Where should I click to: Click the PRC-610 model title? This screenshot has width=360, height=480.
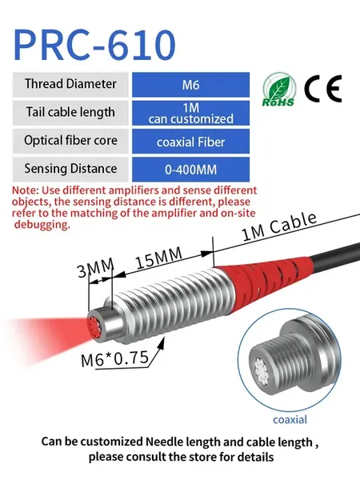94,45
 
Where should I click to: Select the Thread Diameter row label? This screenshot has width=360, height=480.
70,84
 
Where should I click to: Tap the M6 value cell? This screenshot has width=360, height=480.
190,85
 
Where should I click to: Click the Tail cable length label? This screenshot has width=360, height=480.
70,112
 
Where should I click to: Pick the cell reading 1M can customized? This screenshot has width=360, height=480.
190,113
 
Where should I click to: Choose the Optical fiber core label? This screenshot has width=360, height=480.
70,141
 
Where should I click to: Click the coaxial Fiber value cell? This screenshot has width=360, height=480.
190,142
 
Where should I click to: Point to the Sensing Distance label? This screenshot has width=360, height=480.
70,169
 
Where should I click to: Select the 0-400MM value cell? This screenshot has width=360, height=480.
190,170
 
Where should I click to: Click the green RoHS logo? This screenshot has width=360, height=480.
279,90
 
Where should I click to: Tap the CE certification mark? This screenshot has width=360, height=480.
323,89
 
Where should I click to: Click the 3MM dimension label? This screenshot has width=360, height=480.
95,267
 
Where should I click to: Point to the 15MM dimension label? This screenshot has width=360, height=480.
158,258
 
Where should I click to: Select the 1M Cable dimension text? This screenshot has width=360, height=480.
279,227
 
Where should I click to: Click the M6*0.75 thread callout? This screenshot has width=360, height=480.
114,358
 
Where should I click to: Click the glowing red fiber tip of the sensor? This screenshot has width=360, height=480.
94,327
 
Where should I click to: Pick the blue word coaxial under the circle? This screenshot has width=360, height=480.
290,419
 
